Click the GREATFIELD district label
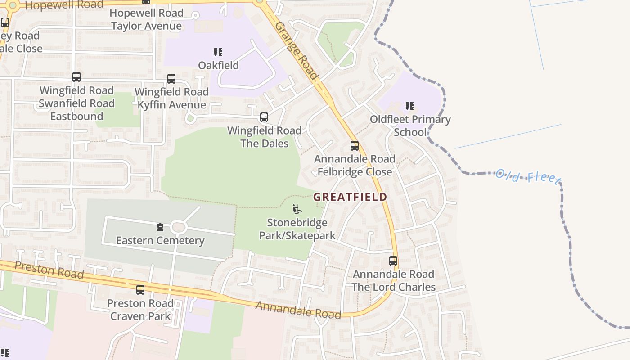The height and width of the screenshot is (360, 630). pos(350,197)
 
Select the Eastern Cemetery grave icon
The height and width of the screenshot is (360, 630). pos(160,227)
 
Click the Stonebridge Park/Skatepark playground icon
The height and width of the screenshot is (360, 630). pos(297,209)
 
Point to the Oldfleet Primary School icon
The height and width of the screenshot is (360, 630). pos(409,106)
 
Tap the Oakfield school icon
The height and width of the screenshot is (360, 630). pos(218,52)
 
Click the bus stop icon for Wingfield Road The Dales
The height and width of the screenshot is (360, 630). pos(264,117)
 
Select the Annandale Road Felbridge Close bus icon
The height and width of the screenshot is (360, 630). pos(355,146)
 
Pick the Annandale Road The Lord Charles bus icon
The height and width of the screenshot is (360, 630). pos(393,261)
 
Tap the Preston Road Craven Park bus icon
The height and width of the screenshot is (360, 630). pos(140,290)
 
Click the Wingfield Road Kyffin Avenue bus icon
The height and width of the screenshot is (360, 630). pos(171,79)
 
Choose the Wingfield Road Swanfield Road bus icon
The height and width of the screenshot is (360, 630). pos(76,77)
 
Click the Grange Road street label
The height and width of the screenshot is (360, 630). pos(297,50)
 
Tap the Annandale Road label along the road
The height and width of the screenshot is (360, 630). pos(298,310)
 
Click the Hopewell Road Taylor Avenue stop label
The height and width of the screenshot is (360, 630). pos(146,19)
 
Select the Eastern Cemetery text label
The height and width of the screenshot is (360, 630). pos(160,241)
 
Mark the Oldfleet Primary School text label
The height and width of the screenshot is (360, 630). pos(410,126)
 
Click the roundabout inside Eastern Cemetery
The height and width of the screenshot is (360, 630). pos(179,227)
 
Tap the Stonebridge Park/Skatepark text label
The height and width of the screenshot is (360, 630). pos(297,229)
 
